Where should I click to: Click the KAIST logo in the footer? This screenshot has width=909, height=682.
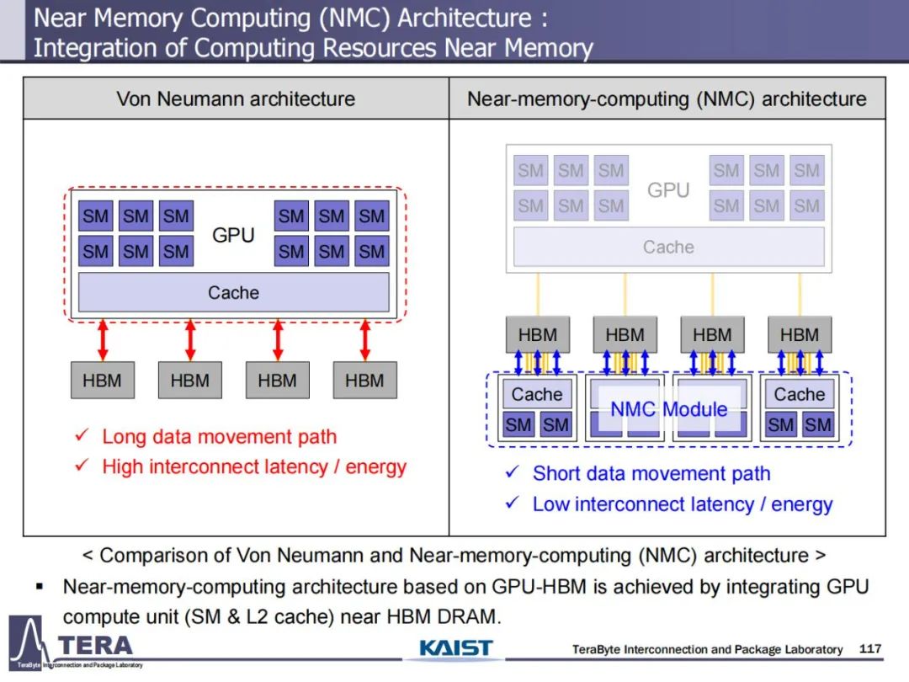[455, 647]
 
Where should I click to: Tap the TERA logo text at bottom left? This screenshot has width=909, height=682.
[96, 646]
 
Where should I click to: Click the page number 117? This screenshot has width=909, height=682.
[870, 648]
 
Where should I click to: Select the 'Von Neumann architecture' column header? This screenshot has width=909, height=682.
[236, 99]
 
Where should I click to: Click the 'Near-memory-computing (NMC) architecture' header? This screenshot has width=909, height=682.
[667, 99]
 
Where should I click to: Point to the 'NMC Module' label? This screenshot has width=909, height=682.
[668, 409]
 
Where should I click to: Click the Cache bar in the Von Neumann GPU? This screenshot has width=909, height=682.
[234, 292]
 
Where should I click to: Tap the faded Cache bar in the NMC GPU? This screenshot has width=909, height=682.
[668, 247]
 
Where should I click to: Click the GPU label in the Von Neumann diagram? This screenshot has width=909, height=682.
[233, 235]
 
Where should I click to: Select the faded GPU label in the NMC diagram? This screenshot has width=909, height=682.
[668, 189]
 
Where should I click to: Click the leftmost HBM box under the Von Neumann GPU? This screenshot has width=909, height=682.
[103, 381]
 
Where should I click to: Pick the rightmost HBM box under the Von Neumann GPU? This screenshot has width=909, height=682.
[364, 381]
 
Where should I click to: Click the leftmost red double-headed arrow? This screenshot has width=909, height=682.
[103, 340]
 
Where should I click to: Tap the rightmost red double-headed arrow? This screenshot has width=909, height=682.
[364, 340]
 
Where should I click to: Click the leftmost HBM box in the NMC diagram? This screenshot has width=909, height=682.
[538, 334]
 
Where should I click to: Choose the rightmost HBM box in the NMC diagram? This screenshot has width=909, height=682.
[800, 334]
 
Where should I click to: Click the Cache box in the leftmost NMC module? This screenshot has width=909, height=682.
[537, 394]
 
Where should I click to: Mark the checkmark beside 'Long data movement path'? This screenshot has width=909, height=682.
[82, 434]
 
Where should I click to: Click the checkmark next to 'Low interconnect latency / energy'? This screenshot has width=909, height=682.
[512, 502]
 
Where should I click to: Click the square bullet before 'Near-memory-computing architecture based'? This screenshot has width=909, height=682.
[40, 587]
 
